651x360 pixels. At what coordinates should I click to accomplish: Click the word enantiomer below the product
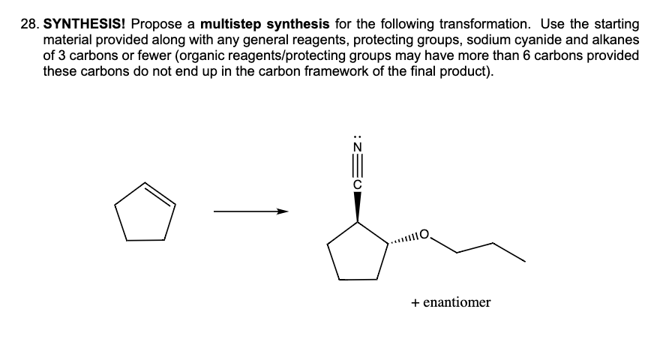click(457, 303)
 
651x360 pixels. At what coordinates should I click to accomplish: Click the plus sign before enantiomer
click(415, 303)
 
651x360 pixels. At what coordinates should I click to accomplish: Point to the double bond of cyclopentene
click(158, 193)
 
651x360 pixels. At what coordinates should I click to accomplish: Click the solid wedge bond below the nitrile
click(357, 205)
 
